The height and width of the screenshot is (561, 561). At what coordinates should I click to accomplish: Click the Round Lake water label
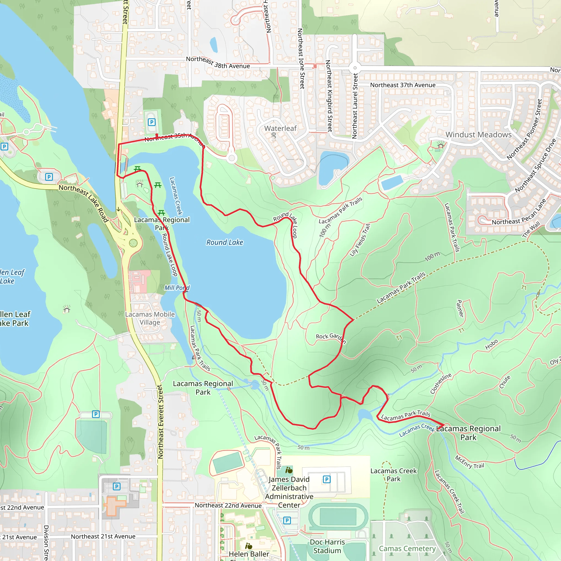click(224, 242)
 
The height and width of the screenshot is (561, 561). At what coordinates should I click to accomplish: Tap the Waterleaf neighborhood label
click(280, 128)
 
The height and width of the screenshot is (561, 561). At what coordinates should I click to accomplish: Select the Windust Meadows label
click(478, 135)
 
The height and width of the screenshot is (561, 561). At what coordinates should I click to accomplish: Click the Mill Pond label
click(177, 288)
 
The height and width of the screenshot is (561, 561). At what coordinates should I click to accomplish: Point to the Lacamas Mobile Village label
click(150, 318)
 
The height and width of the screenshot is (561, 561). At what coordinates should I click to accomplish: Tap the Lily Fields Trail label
click(360, 240)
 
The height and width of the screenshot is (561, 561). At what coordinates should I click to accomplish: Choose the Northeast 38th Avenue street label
click(218, 62)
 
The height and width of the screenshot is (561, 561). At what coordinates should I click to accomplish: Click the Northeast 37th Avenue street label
click(402, 85)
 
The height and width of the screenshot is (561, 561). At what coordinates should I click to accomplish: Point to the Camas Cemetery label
click(407, 548)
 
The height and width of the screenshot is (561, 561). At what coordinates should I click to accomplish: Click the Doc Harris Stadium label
click(327, 546)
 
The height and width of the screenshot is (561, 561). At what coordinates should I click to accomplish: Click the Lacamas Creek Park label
click(393, 475)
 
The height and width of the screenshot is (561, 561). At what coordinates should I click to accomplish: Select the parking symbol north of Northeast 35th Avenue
click(151, 122)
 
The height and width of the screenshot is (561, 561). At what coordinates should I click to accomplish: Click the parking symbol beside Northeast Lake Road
click(49, 177)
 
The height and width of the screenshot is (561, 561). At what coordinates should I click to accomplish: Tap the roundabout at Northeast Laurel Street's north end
click(354, 68)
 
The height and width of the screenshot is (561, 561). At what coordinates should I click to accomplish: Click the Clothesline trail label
click(441, 383)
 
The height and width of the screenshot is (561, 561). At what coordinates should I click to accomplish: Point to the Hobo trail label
click(491, 344)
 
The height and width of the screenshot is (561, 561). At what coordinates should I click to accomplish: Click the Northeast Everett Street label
click(160, 422)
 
